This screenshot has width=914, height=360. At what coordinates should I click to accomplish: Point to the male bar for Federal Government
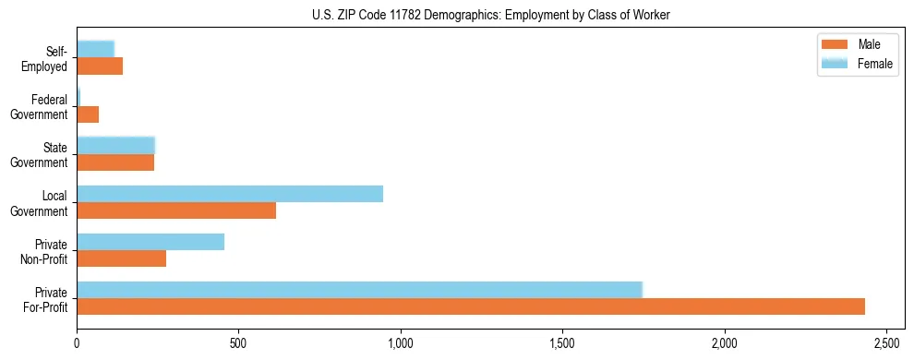(x=88, y=115)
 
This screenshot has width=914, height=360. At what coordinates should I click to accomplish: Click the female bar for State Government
(x=115, y=145)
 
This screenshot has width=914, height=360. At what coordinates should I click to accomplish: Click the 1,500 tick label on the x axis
(x=562, y=343)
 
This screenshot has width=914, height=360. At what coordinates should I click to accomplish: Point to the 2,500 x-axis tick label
(x=886, y=343)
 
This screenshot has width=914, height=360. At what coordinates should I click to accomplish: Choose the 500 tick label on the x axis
(x=238, y=343)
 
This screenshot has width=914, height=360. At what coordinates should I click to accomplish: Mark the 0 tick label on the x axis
(x=77, y=343)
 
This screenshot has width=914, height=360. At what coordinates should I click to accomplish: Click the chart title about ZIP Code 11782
(x=490, y=15)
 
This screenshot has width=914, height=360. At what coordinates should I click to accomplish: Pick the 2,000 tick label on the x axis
(x=725, y=343)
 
